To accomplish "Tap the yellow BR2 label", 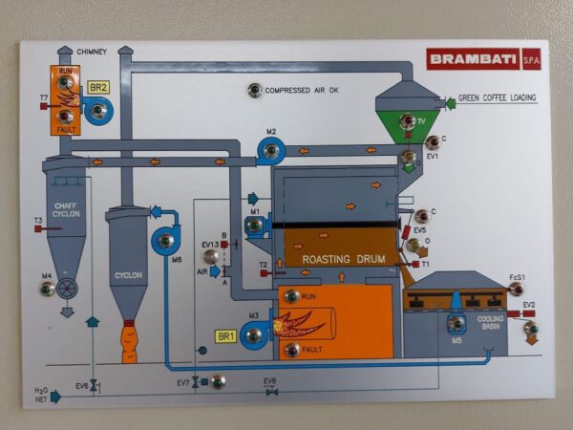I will click(98, 87).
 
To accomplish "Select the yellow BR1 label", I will click(226, 336).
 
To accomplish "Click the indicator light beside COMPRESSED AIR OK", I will click(254, 91).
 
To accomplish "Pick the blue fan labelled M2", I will click(271, 150).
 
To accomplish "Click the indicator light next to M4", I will click(46, 288).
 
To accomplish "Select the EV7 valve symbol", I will click(195, 382).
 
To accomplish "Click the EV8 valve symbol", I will click(271, 391).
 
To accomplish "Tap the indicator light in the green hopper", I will click(407, 120).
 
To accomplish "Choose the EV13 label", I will click(210, 245).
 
